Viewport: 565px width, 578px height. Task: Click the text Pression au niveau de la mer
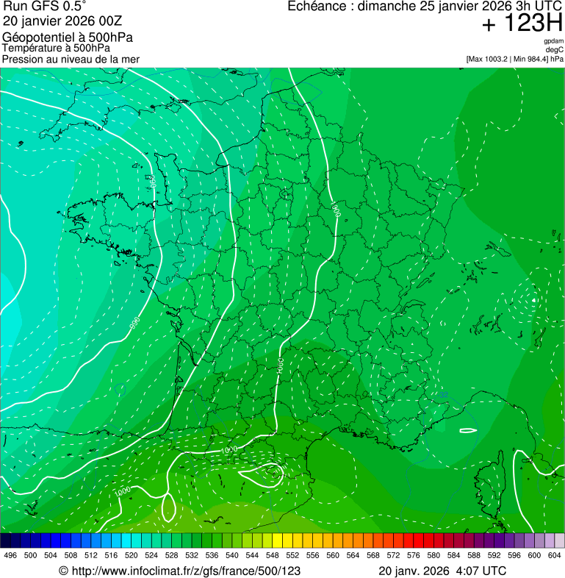click(x=71, y=59)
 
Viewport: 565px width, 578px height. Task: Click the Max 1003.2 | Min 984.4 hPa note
click(x=514, y=59)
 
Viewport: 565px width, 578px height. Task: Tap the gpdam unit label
click(x=554, y=41)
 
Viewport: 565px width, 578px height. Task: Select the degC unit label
click(x=555, y=50)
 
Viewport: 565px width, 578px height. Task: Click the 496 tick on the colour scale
click(x=10, y=555)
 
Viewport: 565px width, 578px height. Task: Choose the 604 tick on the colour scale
click(x=554, y=555)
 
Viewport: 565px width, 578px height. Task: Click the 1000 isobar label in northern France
click(x=336, y=210)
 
